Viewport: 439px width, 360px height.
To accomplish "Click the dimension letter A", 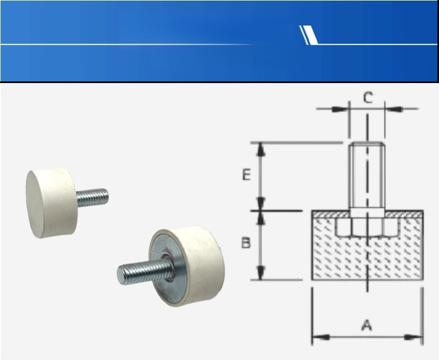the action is (367, 325).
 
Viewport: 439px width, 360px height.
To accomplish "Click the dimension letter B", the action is (246, 243).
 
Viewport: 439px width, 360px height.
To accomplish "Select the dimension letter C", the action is (368, 97).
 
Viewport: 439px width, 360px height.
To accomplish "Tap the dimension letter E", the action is (246, 175).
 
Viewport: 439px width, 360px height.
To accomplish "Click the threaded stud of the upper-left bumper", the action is (92, 197).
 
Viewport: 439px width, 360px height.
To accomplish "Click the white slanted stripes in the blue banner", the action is (309, 35).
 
